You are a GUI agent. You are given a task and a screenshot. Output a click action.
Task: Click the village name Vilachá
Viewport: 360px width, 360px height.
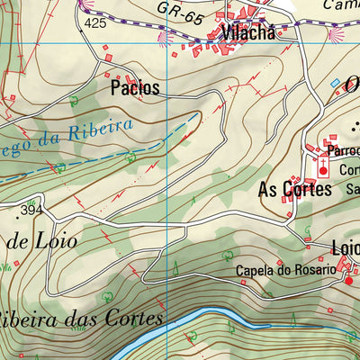(x=247, y=35)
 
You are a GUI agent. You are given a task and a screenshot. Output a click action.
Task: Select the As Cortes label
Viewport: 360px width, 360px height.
(x=295, y=189)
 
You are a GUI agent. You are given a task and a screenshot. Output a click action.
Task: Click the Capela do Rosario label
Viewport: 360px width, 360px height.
(x=285, y=270)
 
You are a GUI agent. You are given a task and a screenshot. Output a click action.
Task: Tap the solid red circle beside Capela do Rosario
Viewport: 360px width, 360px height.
(x=349, y=280)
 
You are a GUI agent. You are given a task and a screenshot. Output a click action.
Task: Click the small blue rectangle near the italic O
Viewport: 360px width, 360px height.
(x=336, y=83)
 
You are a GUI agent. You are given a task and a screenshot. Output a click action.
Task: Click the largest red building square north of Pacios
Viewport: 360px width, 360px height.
(x=109, y=58)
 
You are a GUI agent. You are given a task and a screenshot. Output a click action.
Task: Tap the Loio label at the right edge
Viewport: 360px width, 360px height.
(x=346, y=247)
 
